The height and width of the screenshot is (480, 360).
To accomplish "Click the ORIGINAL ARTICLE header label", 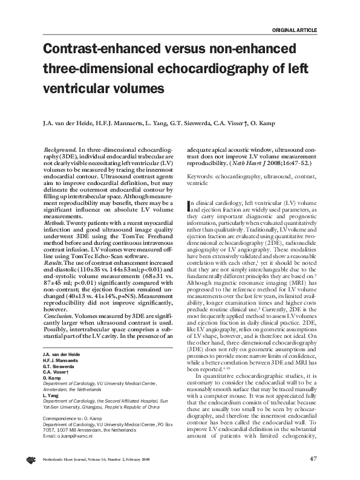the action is click(x=295, y=30).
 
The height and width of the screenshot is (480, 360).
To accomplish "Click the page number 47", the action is click(x=313, y=458).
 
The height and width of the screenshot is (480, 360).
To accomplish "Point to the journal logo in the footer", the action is click(x=30, y=459).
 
